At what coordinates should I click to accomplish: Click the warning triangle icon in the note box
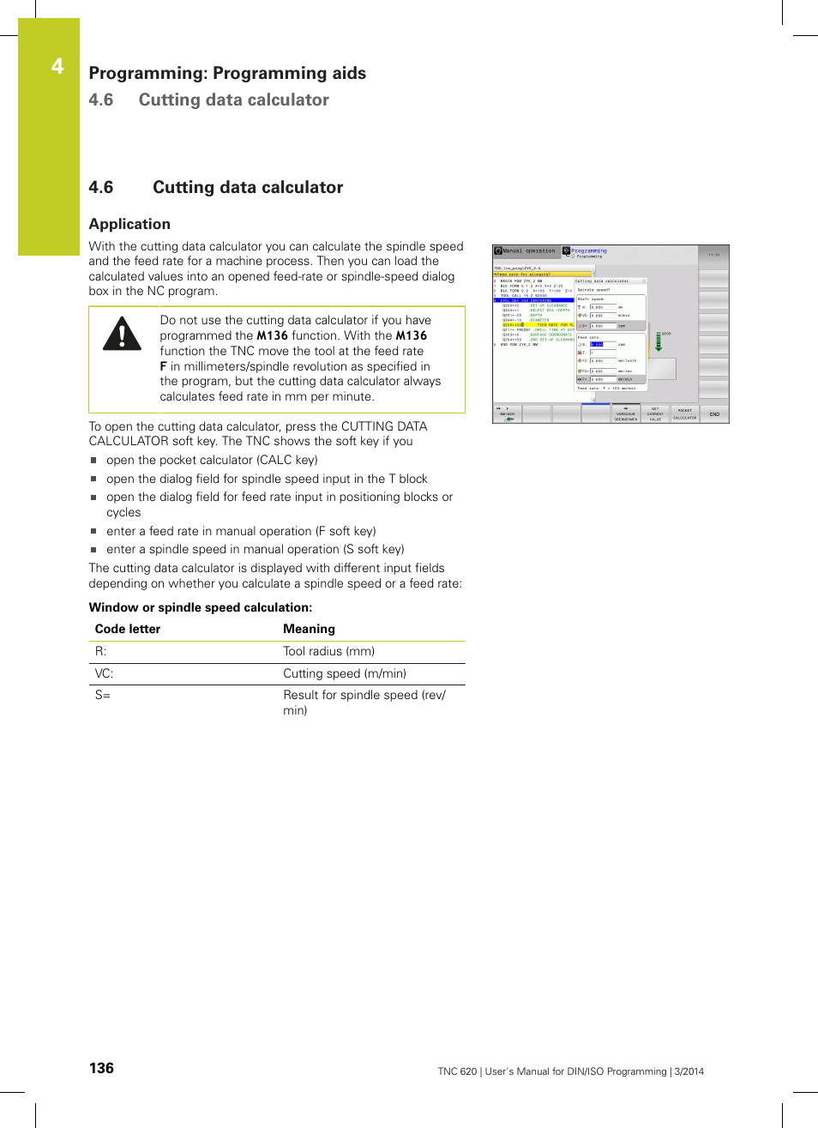click(x=122, y=335)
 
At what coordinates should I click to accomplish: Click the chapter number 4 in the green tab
click(x=57, y=66)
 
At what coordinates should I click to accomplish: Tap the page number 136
click(x=101, y=1068)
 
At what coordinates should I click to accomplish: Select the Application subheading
click(x=129, y=224)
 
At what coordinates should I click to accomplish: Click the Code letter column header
click(x=128, y=629)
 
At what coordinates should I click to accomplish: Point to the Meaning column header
click(x=309, y=629)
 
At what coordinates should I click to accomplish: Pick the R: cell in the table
click(x=101, y=651)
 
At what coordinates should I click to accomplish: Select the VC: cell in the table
click(x=104, y=673)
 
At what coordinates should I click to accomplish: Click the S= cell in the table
click(x=103, y=695)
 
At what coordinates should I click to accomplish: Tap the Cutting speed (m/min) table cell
click(x=345, y=673)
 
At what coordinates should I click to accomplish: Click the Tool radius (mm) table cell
click(x=328, y=651)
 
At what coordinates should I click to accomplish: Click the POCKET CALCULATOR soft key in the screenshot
click(x=684, y=414)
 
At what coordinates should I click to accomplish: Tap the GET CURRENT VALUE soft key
click(x=655, y=414)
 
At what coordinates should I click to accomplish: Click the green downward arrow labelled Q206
click(x=659, y=342)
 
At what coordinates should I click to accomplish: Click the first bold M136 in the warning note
click(x=272, y=335)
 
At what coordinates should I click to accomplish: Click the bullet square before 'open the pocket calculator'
click(x=94, y=461)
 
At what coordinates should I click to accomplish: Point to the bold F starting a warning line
click(x=163, y=366)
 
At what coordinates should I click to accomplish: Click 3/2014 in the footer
click(x=689, y=1071)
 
